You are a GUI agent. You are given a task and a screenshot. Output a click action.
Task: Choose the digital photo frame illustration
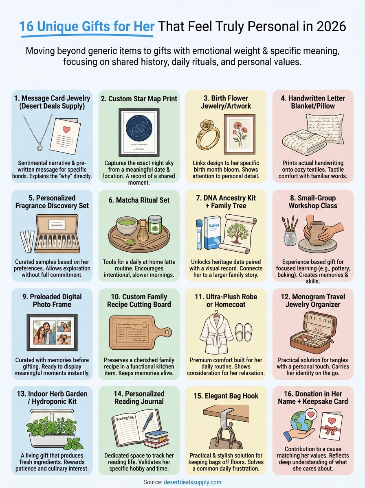click(51, 331)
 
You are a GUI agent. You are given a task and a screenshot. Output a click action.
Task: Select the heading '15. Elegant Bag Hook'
click(226, 396)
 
